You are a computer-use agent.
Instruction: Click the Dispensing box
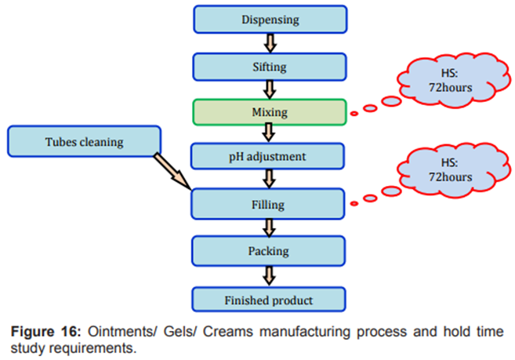point(270,20)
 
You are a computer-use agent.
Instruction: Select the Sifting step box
point(270,67)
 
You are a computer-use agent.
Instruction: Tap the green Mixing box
point(270,112)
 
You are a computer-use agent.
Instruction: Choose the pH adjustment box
point(270,157)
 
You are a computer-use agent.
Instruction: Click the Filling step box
point(270,205)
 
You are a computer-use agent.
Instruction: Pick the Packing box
point(270,252)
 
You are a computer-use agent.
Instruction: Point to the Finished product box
point(270,300)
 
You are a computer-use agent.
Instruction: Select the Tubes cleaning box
point(84,142)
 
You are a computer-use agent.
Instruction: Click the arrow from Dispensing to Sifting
point(270,43)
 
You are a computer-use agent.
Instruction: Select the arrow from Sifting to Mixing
point(270,90)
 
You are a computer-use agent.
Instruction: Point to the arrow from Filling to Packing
point(270,228)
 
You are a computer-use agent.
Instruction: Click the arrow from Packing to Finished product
point(270,275)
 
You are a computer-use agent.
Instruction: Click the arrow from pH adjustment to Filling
point(270,180)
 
